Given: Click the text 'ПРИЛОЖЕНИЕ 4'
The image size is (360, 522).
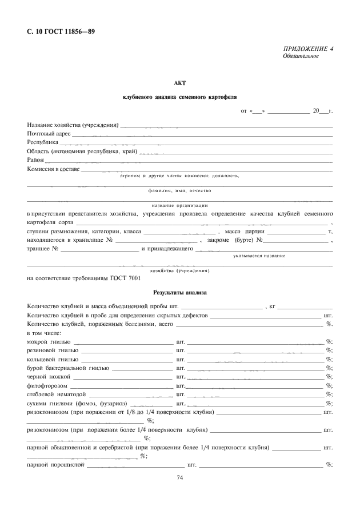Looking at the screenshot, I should click(308, 49).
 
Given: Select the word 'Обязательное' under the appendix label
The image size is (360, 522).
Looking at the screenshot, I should click(301, 56).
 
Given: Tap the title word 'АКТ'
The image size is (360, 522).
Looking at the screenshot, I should click(180, 83).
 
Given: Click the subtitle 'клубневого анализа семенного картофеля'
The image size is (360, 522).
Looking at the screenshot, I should click(180, 97).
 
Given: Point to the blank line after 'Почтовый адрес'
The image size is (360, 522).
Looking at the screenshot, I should click(202, 134).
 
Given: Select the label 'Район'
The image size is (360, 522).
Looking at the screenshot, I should click(35, 160).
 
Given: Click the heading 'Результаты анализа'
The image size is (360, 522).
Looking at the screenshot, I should click(180, 292).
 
